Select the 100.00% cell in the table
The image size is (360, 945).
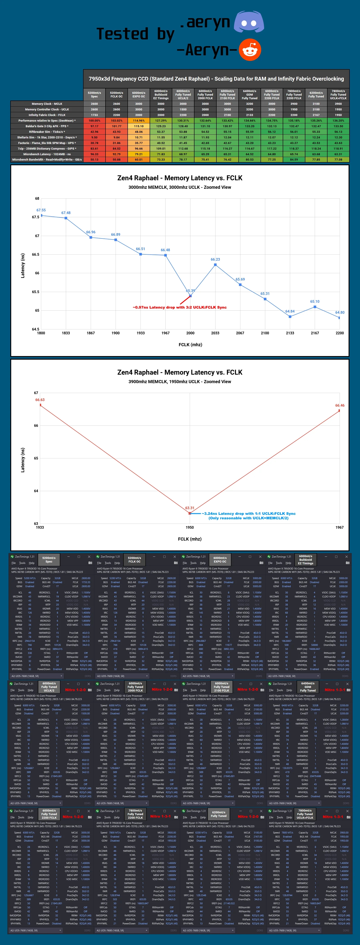(94, 120)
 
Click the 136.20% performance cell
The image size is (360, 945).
(338, 120)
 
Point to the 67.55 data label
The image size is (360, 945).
(41, 210)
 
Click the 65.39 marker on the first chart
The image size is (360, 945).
(190, 296)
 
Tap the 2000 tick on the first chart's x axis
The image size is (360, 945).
(190, 333)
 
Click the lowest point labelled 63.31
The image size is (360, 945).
(190, 513)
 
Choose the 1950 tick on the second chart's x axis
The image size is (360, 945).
(190, 528)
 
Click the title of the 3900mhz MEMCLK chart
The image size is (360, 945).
(180, 372)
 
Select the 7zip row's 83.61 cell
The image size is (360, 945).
(94, 148)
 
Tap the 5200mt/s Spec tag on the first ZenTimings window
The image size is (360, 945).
(49, 560)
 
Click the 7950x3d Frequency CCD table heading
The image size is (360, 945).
(216, 79)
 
